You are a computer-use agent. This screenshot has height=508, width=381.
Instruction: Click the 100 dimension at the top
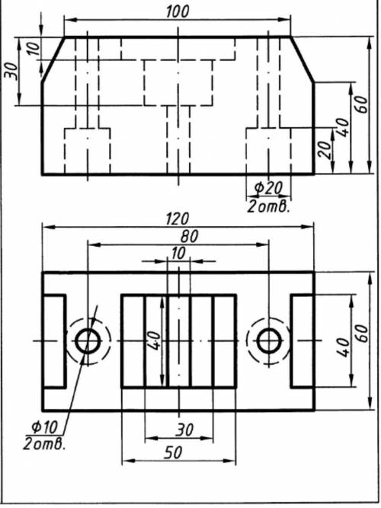pyautogui.click(x=178, y=11)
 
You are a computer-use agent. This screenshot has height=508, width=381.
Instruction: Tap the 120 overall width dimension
pyautogui.click(x=178, y=219)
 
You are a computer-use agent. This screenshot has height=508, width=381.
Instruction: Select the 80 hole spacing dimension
pyautogui.click(x=189, y=237)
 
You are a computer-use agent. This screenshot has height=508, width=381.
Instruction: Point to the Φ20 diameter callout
pyautogui.click(x=268, y=188)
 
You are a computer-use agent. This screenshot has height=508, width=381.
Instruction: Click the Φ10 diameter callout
pyautogui.click(x=44, y=427)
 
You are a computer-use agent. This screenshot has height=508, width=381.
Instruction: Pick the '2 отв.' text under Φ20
pyautogui.click(x=267, y=206)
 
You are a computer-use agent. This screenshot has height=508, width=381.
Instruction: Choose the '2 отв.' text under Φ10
pyautogui.click(x=44, y=444)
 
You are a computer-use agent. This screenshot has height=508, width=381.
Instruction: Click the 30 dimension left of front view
pyautogui.click(x=11, y=70)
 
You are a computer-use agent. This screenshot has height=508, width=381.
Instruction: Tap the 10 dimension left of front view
pyautogui.click(x=34, y=48)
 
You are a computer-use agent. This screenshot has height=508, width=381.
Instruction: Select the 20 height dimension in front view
pyautogui.click(x=325, y=149)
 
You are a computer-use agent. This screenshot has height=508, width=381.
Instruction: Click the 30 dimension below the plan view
pyautogui.click(x=185, y=430)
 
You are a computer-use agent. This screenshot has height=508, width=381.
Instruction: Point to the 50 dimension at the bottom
pyautogui.click(x=173, y=452)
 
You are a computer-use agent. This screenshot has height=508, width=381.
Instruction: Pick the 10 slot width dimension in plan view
pyautogui.click(x=178, y=254)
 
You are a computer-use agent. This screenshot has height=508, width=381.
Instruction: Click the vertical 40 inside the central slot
pyautogui.click(x=155, y=341)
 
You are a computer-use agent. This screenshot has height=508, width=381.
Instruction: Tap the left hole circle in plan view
pyautogui.click(x=88, y=341)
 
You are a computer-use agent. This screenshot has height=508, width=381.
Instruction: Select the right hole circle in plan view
pyautogui.click(x=268, y=341)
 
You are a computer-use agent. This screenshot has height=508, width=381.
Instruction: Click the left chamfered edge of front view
pyautogui.click(x=53, y=59)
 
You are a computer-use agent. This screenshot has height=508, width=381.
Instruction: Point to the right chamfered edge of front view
pyautogui.click(x=303, y=59)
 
